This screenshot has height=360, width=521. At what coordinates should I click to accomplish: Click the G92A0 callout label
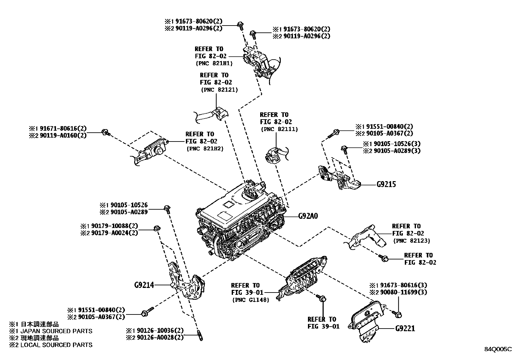pos(308,216)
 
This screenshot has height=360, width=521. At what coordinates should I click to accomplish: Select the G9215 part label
pos(386,184)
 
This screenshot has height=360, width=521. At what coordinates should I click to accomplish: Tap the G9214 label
pos(144,285)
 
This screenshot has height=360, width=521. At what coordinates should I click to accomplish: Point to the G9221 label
pos(405,328)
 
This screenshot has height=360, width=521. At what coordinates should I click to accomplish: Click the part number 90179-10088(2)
pos(112,226)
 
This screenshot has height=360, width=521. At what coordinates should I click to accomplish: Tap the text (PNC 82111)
pos(279,129)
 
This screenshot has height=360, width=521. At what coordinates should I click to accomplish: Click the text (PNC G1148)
pos(250,299)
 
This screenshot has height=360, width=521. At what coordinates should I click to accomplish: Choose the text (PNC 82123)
pos(411,240)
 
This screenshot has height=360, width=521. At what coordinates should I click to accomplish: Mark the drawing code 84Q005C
pos(498,349)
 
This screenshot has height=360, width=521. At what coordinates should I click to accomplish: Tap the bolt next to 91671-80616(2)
pos(106,132)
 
